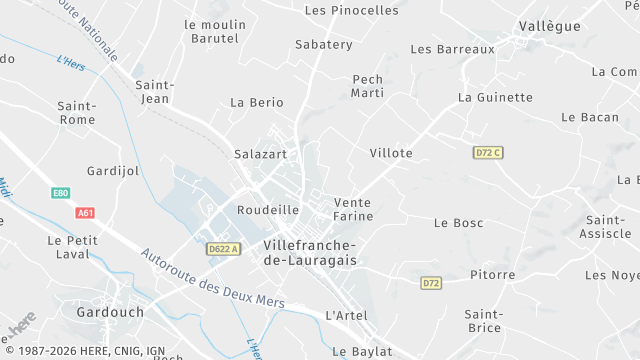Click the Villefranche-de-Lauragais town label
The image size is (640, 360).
pyautogui.click(x=310, y=252)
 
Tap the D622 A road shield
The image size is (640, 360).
pyautogui.click(x=224, y=249)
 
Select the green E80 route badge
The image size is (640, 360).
pyautogui.click(x=60, y=193)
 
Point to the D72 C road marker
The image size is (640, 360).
pyautogui.click(x=487, y=152)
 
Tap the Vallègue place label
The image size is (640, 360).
pyautogui.click(x=549, y=26)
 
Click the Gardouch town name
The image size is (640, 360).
pyautogui.click(x=110, y=312)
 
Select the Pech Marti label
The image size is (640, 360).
pyautogui.click(x=368, y=86)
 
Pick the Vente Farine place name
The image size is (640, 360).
pyautogui.click(x=353, y=209)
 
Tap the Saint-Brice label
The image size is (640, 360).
pyautogui.click(x=483, y=320)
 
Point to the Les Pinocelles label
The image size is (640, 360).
pyautogui.click(x=351, y=10)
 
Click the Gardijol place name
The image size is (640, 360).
pyautogui.click(x=113, y=171)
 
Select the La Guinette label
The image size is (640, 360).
pyautogui.click(x=495, y=97)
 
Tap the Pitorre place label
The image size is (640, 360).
pyautogui.click(x=492, y=274)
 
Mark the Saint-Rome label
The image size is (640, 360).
pyautogui.click(x=77, y=113)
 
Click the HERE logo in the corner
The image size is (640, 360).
pyautogui.click(x=21, y=323)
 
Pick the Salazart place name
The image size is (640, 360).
pyautogui.click(x=260, y=154)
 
